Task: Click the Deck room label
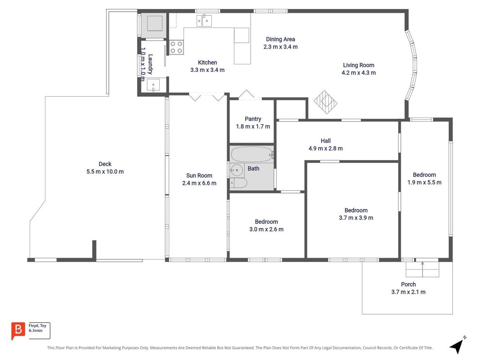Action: point(105,164)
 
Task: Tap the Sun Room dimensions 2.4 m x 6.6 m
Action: point(199,183)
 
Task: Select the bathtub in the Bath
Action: point(251,154)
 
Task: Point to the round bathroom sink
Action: point(236,170)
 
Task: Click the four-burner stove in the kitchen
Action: point(176,47)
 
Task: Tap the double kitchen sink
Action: point(204,21)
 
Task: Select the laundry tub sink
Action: point(153,85)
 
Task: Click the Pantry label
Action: point(253,119)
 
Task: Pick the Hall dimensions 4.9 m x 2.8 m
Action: point(326,148)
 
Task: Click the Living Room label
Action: point(359,65)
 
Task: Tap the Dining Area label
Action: point(280,39)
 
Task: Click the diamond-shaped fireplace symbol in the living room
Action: point(325,102)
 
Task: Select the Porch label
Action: point(408,284)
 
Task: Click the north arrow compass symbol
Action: point(458,345)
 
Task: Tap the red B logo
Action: point(18,331)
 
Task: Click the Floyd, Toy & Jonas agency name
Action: point(37,328)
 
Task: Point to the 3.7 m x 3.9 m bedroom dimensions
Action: point(356,218)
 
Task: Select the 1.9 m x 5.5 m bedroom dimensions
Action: point(424,182)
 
